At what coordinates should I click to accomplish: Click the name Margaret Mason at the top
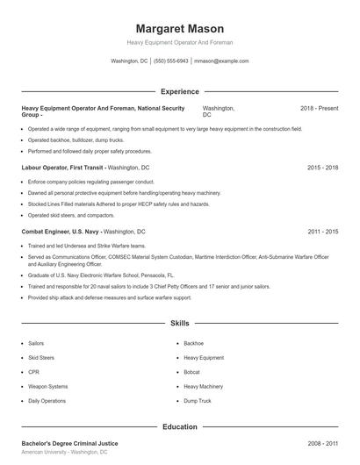(179, 28)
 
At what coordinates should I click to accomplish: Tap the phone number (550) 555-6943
(170, 61)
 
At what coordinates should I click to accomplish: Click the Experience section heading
(179, 91)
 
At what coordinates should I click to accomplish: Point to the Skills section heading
(179, 323)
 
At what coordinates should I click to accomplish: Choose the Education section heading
(179, 426)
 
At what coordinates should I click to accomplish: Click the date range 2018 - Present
(319, 108)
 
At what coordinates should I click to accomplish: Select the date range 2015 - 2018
(322, 167)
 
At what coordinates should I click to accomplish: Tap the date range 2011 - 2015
(322, 232)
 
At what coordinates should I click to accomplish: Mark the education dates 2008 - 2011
(322, 444)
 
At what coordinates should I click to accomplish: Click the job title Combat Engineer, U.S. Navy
(61, 232)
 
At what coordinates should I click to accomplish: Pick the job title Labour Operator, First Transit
(62, 167)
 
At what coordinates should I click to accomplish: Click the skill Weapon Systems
(47, 386)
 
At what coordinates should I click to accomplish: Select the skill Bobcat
(193, 372)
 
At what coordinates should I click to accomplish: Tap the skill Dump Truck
(198, 400)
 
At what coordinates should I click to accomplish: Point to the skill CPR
(34, 372)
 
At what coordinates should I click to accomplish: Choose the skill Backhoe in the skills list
(194, 343)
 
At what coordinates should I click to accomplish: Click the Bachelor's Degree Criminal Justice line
(69, 444)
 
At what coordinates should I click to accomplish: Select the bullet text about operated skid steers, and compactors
(71, 215)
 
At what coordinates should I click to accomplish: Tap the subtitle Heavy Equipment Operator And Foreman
(179, 42)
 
